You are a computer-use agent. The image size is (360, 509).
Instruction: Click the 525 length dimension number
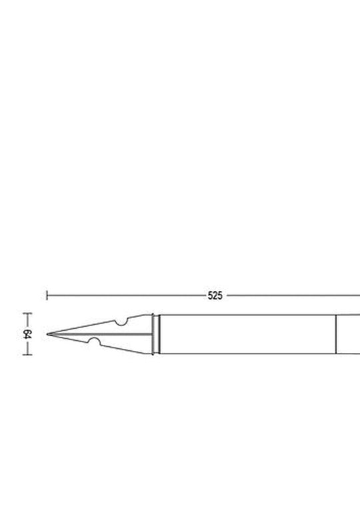[215, 296]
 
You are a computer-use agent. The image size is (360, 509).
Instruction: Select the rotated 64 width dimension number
[27, 334]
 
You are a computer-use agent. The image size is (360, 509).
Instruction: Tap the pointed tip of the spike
[47, 334]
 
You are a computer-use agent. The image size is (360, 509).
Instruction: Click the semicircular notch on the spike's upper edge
[121, 322]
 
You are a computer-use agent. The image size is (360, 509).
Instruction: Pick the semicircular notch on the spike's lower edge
[95, 341]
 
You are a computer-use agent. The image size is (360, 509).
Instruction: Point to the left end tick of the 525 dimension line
[47, 296]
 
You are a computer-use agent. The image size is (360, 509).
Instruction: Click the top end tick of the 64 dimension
[27, 314]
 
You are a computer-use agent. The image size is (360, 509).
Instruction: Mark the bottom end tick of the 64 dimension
[27, 355]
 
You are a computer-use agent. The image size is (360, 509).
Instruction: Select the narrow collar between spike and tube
[156, 334]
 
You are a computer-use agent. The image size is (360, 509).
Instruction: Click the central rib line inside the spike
[101, 334]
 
